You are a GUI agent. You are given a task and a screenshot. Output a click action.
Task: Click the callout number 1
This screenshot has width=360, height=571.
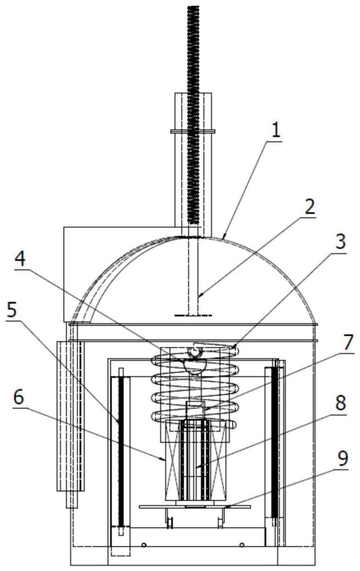pyautogui.click(x=276, y=130)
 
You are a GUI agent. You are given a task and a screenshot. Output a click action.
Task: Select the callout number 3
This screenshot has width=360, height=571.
pyautogui.click(x=341, y=241)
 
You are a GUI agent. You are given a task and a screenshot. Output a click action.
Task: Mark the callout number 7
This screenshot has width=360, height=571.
pyautogui.click(x=347, y=342)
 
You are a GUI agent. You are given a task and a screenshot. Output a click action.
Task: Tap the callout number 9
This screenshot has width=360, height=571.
pyautogui.click(x=342, y=460)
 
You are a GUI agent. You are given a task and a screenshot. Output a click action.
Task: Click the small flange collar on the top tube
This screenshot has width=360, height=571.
pyautogui.click(x=193, y=131)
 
